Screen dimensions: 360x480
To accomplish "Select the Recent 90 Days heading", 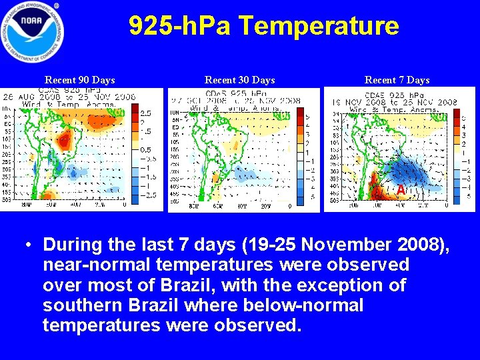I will coord(80,80).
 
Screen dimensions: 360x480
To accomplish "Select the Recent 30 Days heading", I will coord(240,80).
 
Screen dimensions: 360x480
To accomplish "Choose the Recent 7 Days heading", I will coord(397,80).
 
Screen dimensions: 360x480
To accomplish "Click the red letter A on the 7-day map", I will coord(400,191).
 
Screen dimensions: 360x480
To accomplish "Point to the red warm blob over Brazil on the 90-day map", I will coord(65,139).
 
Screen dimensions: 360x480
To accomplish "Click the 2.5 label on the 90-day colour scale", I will coord(145,114).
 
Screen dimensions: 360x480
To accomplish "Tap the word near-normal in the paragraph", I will coord(96,265).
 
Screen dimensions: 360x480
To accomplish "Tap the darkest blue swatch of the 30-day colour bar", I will coord(299,197).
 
